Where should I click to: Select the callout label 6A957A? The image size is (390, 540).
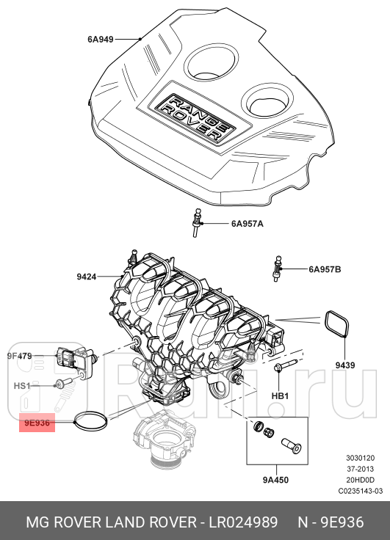247,223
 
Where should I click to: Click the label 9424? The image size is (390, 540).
87,277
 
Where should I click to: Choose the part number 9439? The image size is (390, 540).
345,364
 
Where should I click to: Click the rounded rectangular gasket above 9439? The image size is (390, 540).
336,324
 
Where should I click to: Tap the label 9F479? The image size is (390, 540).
20,356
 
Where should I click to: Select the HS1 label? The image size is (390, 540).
22,386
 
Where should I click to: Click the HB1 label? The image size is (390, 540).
280,395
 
